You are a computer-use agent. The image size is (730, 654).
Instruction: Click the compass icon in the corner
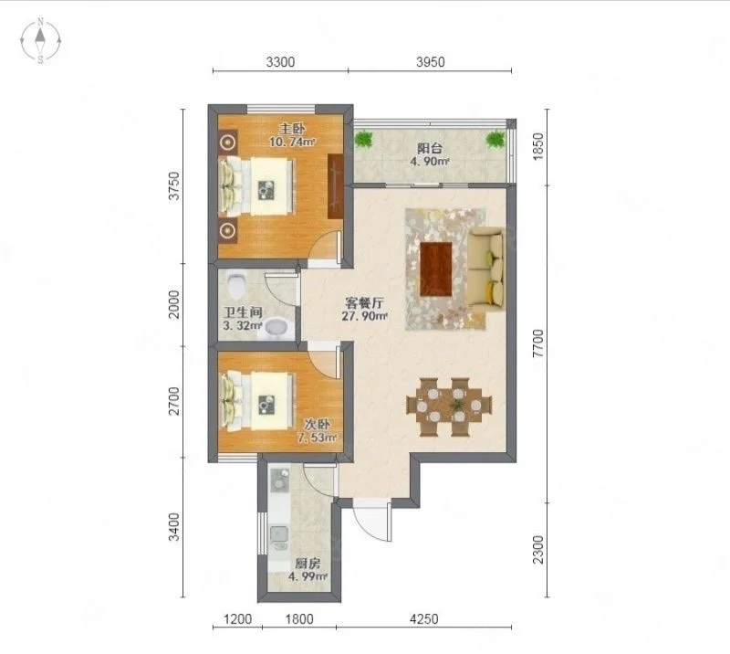pyautogui.click(x=42, y=41)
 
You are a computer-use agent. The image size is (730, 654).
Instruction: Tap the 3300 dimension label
pyautogui.click(x=280, y=62)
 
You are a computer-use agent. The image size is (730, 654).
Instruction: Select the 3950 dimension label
pyautogui.click(x=430, y=62)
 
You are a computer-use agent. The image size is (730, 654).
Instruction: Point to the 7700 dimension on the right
pyautogui.click(x=538, y=345)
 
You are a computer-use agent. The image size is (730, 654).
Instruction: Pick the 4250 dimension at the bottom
pyautogui.click(x=423, y=619)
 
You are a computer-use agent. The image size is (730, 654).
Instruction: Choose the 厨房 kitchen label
pyautogui.click(x=308, y=563)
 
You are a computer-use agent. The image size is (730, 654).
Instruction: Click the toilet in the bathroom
pyautogui.click(x=237, y=286)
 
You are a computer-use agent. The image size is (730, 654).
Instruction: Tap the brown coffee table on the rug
pyautogui.click(x=437, y=269)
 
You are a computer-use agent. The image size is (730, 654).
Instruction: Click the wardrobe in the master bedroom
pyautogui.click(x=336, y=186)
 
